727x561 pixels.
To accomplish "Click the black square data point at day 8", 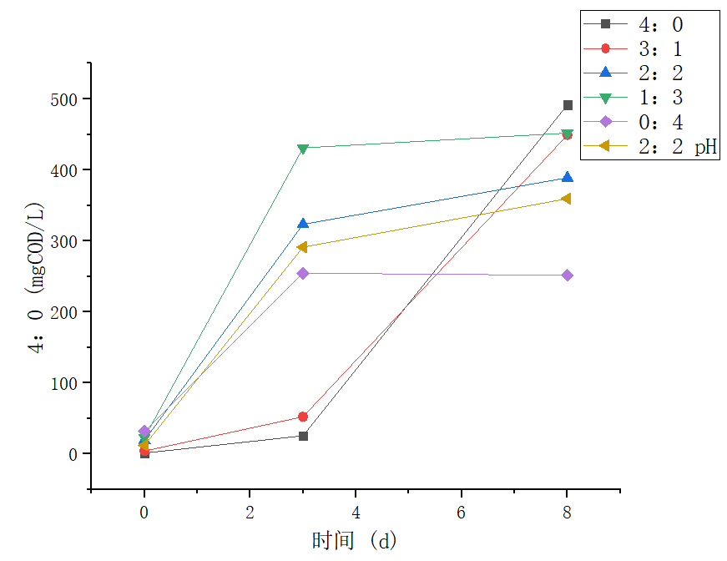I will coord(568,105).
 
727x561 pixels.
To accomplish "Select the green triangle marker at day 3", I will coord(303,149).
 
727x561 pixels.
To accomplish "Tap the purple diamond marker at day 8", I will coord(568,275).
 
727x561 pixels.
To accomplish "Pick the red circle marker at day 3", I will coord(303,417).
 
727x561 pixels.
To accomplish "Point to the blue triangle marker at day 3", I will coord(303,224).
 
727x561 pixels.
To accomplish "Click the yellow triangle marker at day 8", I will coord(567,199).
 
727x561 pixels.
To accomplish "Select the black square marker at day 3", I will coord(303,436).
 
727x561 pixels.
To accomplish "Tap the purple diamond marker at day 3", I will coord(303,273).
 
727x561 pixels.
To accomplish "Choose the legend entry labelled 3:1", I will coord(649,48).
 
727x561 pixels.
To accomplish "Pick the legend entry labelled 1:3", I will coord(649,98).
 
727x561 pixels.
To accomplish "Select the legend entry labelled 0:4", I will coord(649,122).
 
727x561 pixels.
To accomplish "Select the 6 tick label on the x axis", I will coord(462,511).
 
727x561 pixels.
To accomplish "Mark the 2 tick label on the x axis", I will coord(250,511).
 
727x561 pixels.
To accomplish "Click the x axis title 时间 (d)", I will coord(355,540).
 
